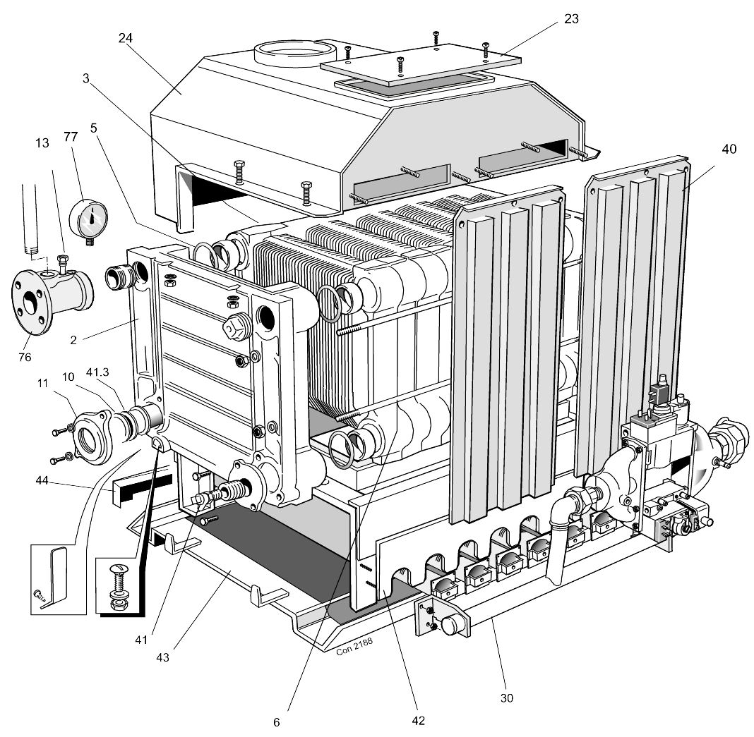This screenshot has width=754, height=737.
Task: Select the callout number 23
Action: tap(571, 19)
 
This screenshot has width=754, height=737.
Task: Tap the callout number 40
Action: tap(729, 150)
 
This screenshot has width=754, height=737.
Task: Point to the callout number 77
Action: tap(71, 137)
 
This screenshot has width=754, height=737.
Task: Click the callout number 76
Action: tap(24, 357)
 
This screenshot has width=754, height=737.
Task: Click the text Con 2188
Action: tap(354, 647)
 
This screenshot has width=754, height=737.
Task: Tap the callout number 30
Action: tap(506, 698)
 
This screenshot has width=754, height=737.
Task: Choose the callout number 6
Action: tap(277, 722)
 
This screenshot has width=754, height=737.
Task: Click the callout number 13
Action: tap(42, 143)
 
